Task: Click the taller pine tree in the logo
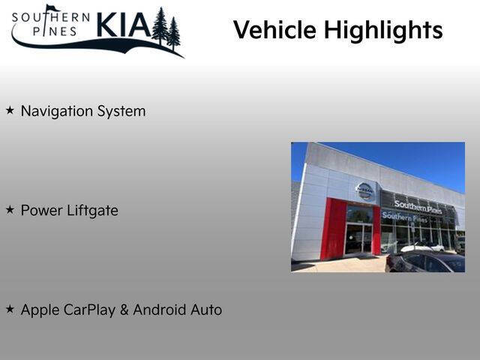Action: tap(160, 25)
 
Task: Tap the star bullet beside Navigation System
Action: tap(10, 110)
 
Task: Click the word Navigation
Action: tap(57, 111)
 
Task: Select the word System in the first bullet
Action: tap(121, 112)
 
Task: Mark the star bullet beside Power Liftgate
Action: tap(10, 210)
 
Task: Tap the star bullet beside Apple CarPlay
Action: tap(10, 309)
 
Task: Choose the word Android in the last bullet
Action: tap(160, 310)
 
